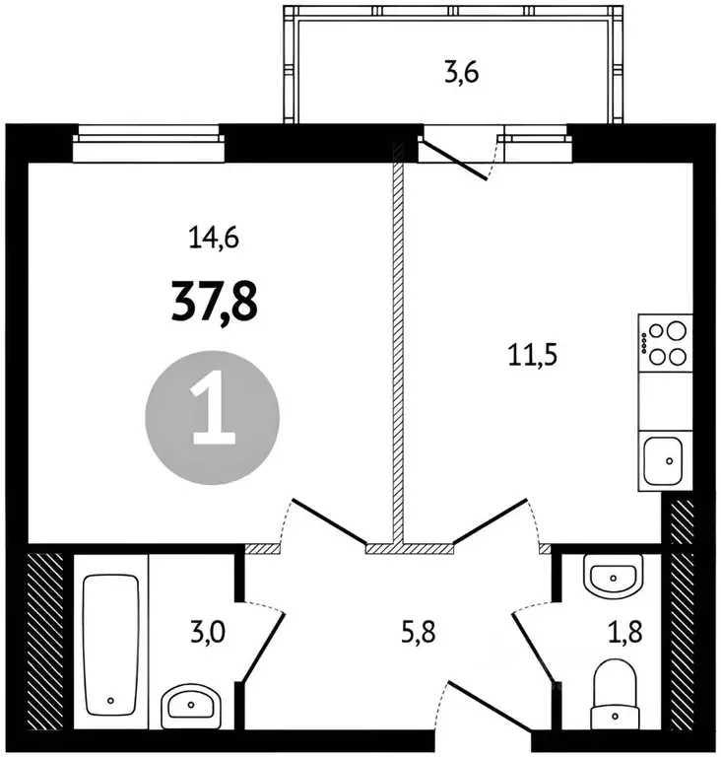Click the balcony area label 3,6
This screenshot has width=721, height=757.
click(461, 74)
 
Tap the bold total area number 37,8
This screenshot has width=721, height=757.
click(215, 302)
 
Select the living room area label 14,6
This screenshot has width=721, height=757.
click(214, 238)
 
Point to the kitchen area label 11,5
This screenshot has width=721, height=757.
click(533, 355)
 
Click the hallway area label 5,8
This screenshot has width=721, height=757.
click(418, 632)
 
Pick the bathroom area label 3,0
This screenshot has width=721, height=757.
click(208, 632)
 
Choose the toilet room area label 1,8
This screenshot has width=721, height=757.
click(624, 632)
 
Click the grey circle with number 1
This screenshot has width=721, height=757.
click(213, 418)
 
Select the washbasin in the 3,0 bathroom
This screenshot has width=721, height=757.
click(191, 707)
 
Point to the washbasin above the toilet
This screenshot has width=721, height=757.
click(613, 577)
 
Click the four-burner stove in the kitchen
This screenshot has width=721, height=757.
click(666, 343)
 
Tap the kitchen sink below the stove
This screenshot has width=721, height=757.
click(664, 460)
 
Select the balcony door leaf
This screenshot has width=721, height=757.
click(453, 159)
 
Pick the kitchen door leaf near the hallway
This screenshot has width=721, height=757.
click(491, 520)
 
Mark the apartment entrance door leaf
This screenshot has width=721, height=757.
click(490, 705)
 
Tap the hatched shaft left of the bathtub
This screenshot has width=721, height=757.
click(46, 641)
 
